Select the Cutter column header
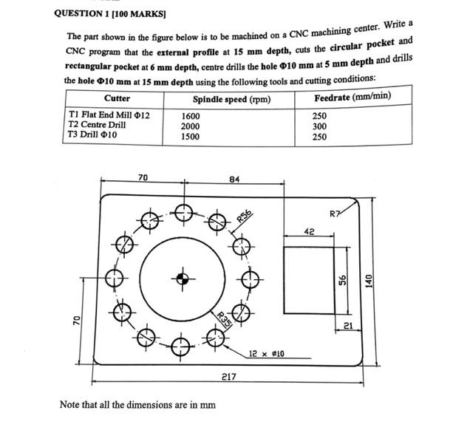[x=117, y=98]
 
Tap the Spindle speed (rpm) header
[x=231, y=99]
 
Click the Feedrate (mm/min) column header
[x=353, y=97]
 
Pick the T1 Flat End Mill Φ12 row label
[x=109, y=115]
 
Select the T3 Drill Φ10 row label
[x=92, y=135]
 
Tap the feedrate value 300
[x=319, y=126]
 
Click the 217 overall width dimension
[x=229, y=377]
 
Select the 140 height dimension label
[x=369, y=281]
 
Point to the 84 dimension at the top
[x=234, y=180]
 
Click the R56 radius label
[x=245, y=216]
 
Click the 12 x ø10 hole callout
[x=267, y=355]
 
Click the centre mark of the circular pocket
[x=180, y=279]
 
